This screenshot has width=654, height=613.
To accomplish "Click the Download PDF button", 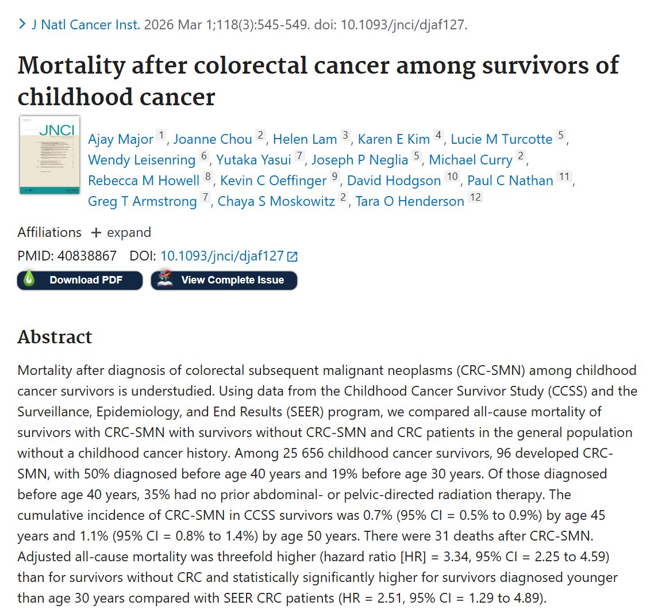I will point(80,280).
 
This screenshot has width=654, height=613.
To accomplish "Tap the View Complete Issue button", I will point(224,280).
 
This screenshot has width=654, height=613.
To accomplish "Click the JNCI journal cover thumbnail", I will point(49,155).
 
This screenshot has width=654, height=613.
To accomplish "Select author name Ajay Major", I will point(121,139).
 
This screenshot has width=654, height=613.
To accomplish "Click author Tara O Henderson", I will point(409,201).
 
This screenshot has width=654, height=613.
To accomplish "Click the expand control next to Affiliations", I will point(122,232).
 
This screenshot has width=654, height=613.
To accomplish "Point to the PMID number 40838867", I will point(87,255).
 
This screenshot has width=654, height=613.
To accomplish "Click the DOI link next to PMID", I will point(223,256).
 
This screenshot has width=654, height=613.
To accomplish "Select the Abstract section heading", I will point(55,337).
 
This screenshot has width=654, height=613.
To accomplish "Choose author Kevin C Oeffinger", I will point(273,181).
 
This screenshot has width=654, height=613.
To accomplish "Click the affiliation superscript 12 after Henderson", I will point(475,198).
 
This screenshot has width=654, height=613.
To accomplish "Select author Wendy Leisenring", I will point(141,160).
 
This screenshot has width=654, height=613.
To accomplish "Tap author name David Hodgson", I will point(394,181).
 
